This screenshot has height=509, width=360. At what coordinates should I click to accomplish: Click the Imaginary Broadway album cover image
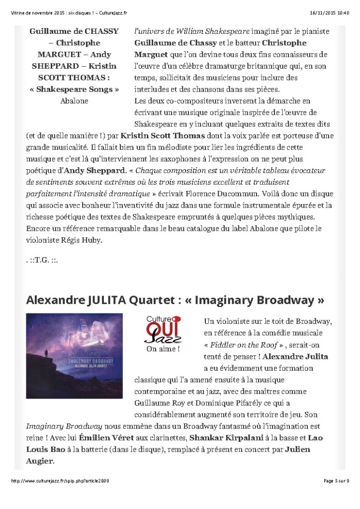[74, 355]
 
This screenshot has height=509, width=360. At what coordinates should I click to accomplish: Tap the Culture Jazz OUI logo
[163, 329]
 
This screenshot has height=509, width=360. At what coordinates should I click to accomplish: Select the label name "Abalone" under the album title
[74, 101]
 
